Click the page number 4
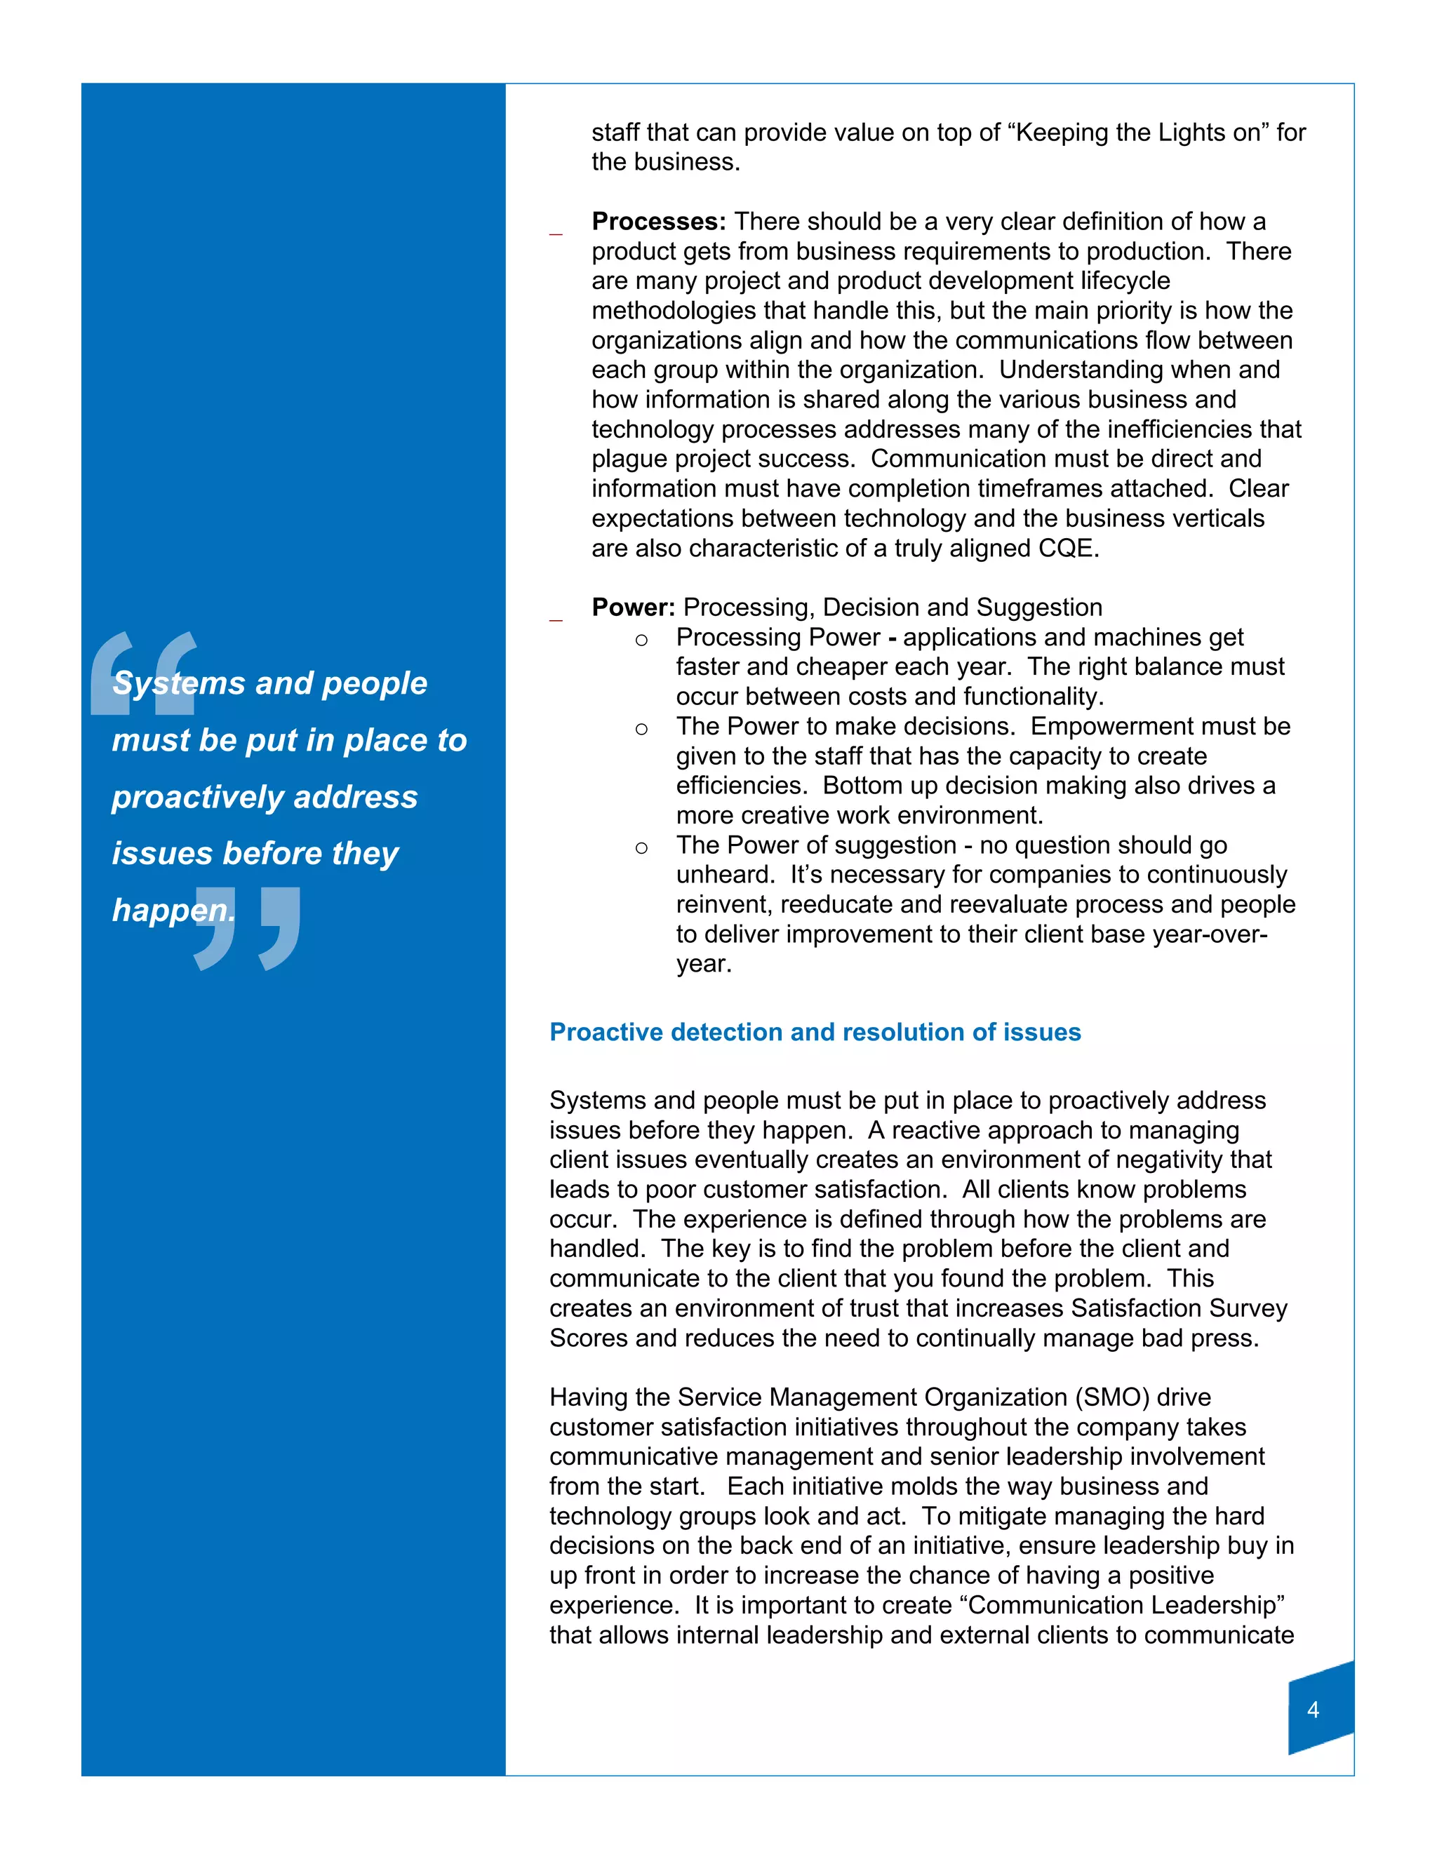(x=1313, y=1709)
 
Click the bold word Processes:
(x=658, y=222)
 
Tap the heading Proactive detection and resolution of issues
(x=815, y=1033)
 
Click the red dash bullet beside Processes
(x=556, y=233)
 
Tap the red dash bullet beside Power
(x=556, y=621)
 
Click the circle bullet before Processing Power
(x=642, y=640)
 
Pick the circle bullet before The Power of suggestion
(x=642, y=848)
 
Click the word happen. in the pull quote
(x=174, y=910)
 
